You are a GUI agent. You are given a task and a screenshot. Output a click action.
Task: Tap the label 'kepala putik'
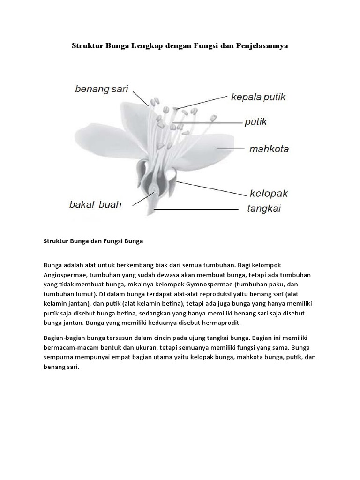tap(258, 97)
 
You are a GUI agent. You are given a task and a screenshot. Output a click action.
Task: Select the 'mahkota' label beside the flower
tap(269, 150)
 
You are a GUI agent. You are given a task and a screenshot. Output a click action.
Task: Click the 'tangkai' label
tap(264, 209)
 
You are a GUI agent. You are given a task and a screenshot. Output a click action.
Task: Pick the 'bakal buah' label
tap(95, 204)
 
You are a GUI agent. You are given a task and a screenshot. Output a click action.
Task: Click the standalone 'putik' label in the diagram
tap(255, 122)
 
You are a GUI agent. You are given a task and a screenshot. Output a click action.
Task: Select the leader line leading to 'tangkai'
tap(197, 209)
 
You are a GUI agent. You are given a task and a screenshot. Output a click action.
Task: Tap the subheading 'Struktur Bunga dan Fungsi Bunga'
tap(93, 241)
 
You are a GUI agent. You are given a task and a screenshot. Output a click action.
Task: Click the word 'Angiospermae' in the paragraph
tap(64, 275)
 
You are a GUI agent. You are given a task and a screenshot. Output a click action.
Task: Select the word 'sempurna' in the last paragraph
tap(57, 358)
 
